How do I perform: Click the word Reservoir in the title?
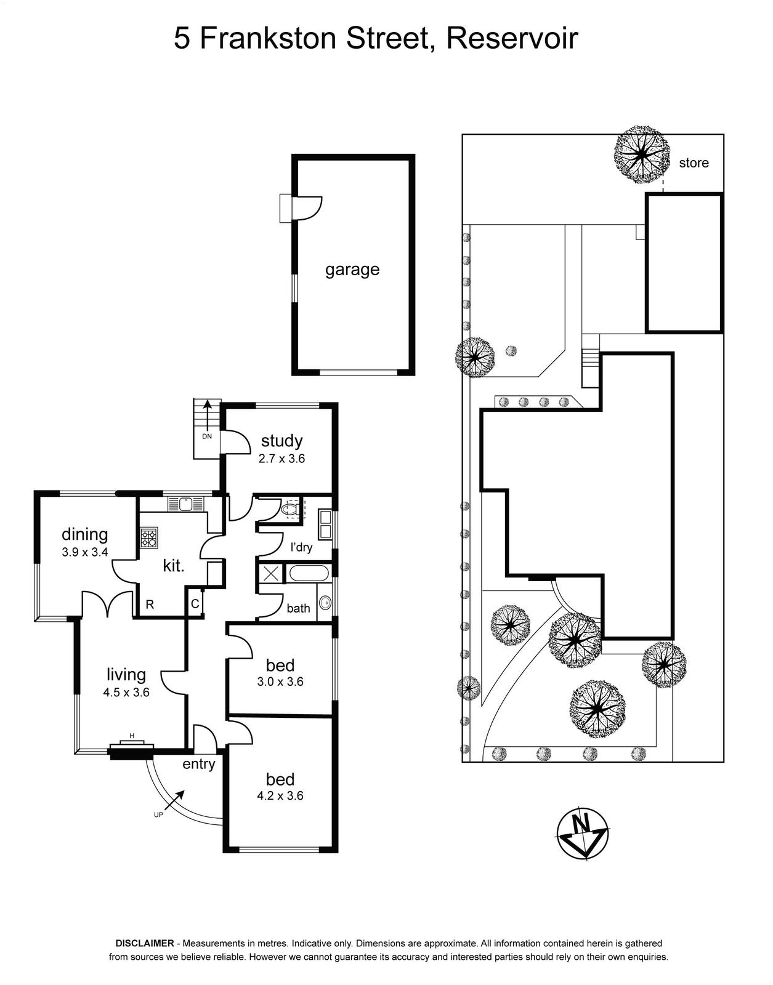pyautogui.click(x=512, y=38)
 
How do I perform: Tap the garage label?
pyautogui.click(x=352, y=270)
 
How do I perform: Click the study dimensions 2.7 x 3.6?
pyautogui.click(x=281, y=458)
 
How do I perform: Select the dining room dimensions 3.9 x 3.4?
pyautogui.click(x=84, y=552)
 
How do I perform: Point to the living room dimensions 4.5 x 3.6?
pyautogui.click(x=126, y=692)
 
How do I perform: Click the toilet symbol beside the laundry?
pyautogui.click(x=291, y=510)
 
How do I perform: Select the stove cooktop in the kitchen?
pyautogui.click(x=148, y=537)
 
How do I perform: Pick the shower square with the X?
pyautogui.click(x=270, y=573)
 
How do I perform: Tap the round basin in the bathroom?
pyautogui.click(x=325, y=603)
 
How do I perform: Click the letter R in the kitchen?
pyautogui.click(x=150, y=605)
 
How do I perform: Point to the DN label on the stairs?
pyautogui.click(x=207, y=436)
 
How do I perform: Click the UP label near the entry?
pyautogui.click(x=158, y=814)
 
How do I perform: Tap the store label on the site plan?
pyautogui.click(x=694, y=163)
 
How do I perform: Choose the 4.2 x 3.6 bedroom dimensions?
pyautogui.click(x=280, y=795)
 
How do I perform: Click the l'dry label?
pyautogui.click(x=301, y=547)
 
